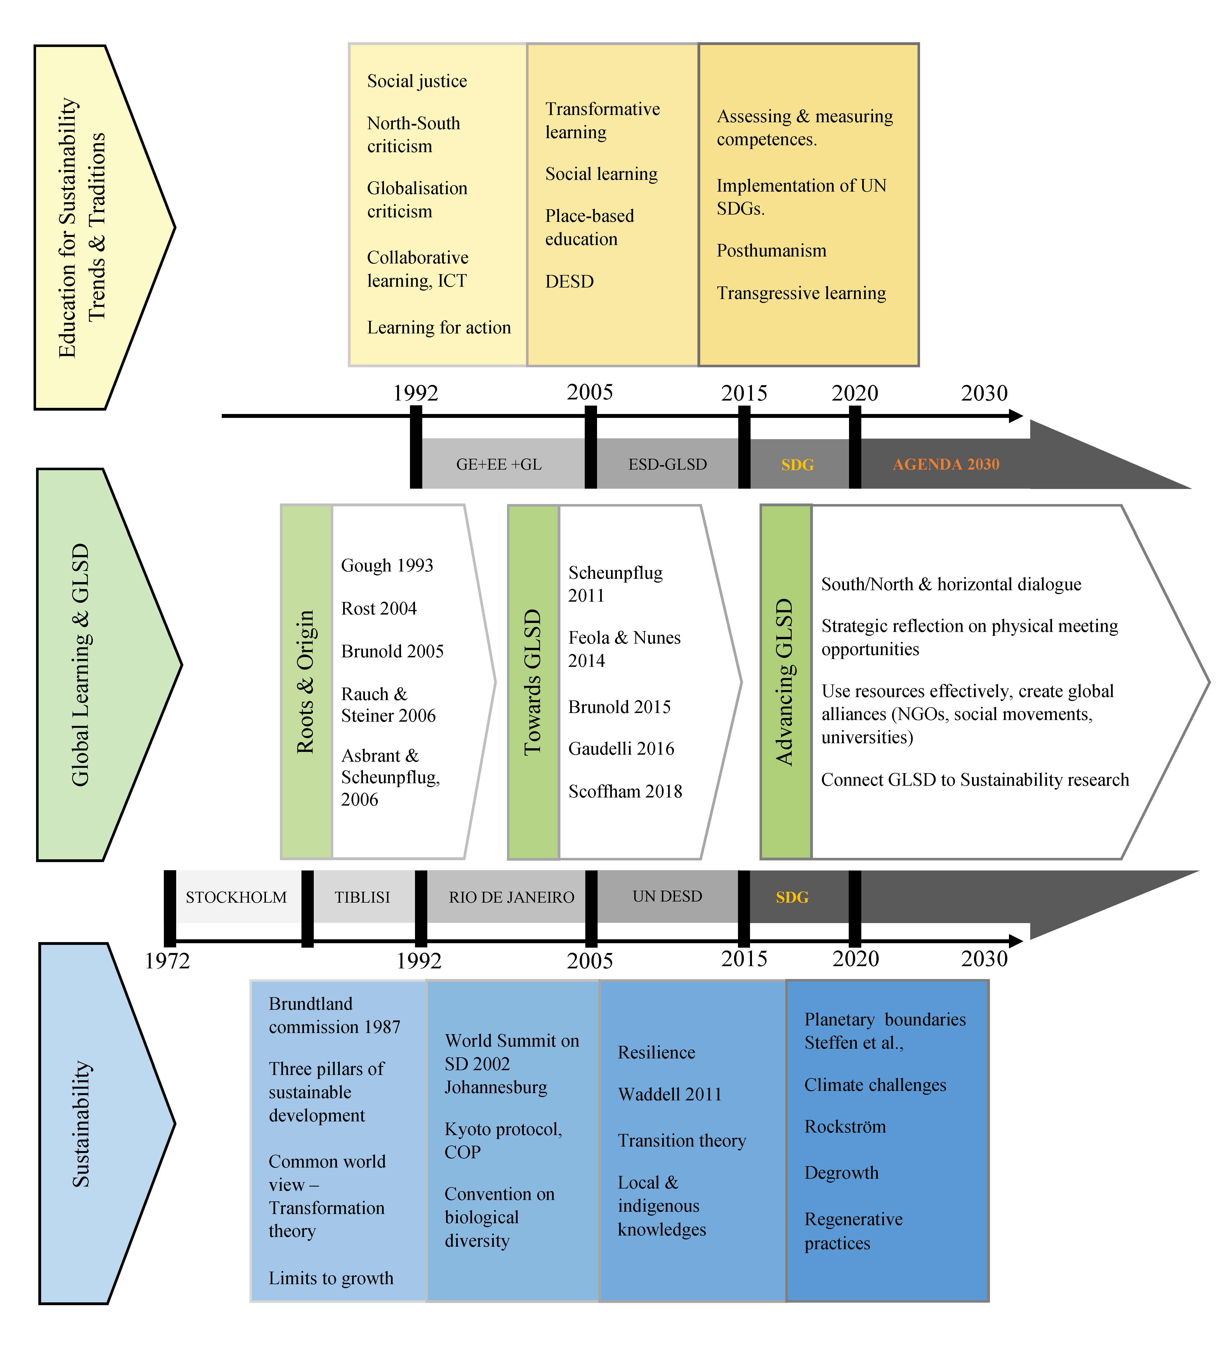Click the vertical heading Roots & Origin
click(306, 682)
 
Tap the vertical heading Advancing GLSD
click(785, 682)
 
